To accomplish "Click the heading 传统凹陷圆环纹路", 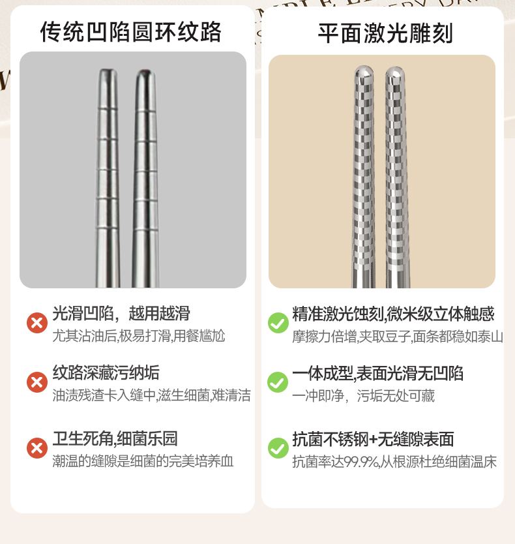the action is [131, 32].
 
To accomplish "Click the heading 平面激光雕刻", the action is [385, 33].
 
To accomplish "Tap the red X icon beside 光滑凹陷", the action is [37, 323].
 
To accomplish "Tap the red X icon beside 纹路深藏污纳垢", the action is [37, 382].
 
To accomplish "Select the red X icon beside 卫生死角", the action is [37, 448].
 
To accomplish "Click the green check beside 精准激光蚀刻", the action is [278, 323].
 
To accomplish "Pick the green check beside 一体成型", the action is [278, 382].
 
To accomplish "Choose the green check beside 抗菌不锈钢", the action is [278, 448].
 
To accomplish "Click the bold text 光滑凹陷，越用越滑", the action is [121, 313].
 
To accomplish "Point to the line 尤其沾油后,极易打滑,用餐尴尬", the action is [139, 336].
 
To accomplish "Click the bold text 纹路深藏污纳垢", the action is [106, 372].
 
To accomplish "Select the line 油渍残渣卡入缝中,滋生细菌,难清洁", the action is [151, 395].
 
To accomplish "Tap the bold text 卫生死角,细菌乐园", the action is [115, 438].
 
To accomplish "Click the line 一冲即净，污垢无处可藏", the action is [363, 396].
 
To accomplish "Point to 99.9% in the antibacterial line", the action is [362, 462].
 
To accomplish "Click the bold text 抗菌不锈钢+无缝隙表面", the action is [373, 439].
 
